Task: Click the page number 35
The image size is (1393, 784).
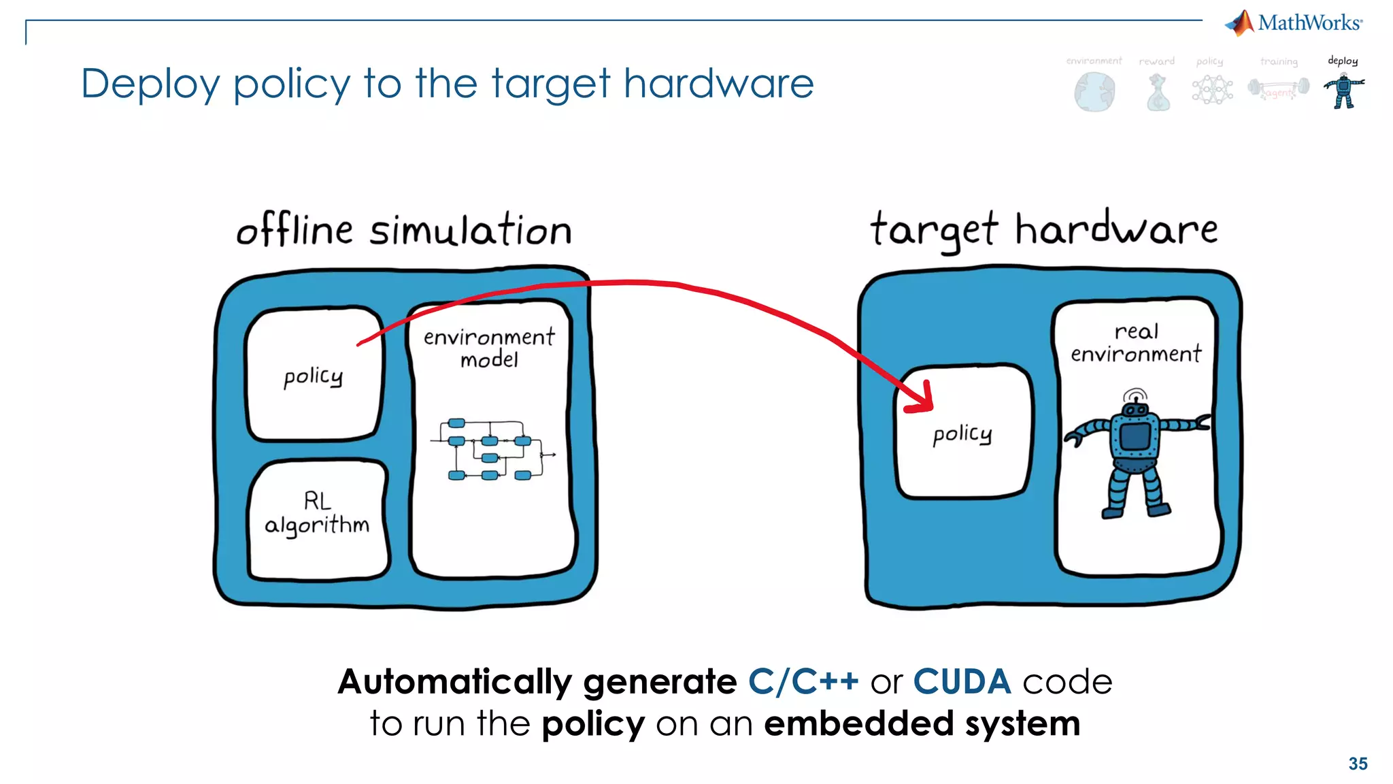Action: coord(1358,764)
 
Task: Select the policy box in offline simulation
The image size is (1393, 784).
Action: coord(314,375)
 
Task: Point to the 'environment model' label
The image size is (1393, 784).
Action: coord(489,347)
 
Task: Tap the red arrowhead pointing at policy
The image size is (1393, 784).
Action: coord(922,401)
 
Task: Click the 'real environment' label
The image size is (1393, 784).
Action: coord(1135,342)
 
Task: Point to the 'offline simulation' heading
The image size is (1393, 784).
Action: coord(404,230)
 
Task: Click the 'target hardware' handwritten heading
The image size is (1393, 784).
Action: coord(1043,229)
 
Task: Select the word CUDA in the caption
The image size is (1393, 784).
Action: coord(961,682)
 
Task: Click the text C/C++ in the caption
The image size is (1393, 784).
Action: coord(803,682)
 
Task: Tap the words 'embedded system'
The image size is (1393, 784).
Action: coord(922,723)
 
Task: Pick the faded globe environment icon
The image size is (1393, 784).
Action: coord(1094,92)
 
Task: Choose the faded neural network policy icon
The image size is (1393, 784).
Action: coord(1211,90)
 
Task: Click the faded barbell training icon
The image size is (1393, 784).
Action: coord(1278,89)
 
